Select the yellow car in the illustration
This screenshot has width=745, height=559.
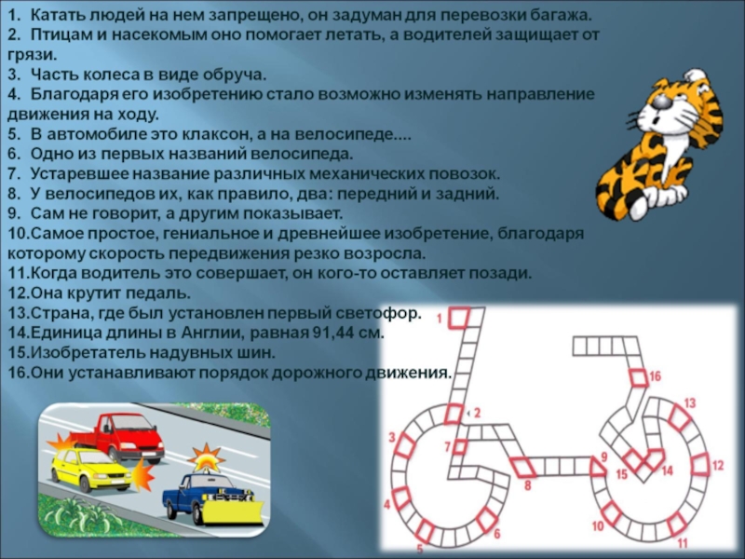(91, 469)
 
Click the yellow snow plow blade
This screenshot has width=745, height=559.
(233, 511)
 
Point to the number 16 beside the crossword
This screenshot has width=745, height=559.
(656, 376)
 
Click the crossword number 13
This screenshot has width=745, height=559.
(689, 403)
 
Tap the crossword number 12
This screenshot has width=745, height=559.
(717, 465)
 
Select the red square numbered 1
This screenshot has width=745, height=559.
(459, 318)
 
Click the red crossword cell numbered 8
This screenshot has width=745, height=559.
(523, 467)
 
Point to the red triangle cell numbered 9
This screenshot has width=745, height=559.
(597, 467)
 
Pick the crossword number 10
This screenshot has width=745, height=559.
(598, 525)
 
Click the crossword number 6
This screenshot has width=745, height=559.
(497, 533)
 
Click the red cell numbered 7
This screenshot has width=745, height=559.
(460, 447)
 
